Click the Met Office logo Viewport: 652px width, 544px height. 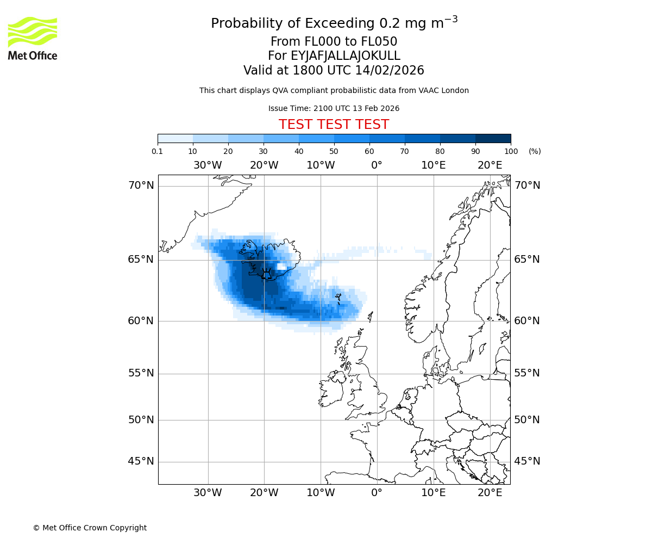[x=33, y=38]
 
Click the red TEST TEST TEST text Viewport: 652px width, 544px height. [x=334, y=125]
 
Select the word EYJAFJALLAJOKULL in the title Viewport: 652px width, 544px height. [x=346, y=56]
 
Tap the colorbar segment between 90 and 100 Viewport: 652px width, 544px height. [x=493, y=138]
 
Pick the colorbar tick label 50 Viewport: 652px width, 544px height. [x=334, y=151]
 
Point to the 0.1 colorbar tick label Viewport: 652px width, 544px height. [x=158, y=151]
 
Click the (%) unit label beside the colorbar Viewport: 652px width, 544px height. [x=535, y=151]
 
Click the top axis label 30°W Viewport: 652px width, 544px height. [x=208, y=165]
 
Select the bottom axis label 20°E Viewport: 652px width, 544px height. [x=490, y=493]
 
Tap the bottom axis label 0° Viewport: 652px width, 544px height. [x=377, y=493]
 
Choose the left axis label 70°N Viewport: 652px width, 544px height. [x=141, y=186]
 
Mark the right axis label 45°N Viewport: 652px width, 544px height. [x=527, y=461]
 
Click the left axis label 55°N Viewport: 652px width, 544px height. [x=141, y=373]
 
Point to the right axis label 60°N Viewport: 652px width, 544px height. [x=527, y=321]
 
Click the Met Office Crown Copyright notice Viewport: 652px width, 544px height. [x=90, y=528]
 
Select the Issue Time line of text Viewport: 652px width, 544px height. [x=334, y=108]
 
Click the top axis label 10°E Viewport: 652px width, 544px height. [x=433, y=165]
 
